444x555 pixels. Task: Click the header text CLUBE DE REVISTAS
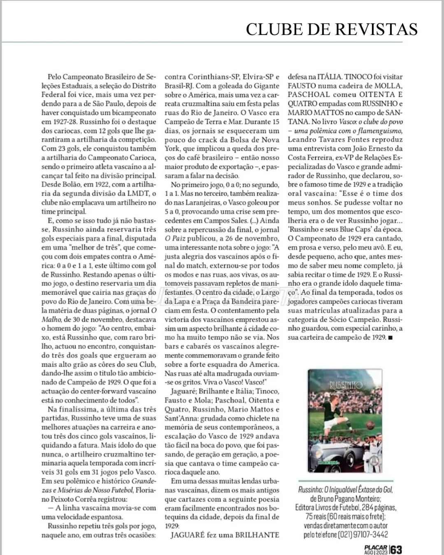(x=332, y=29)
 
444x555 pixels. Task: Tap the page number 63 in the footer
(x=396, y=549)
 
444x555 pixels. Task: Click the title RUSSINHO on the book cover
(x=346, y=385)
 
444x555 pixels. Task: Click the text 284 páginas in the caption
(x=380, y=508)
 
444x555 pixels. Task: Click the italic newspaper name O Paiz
(x=175, y=238)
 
